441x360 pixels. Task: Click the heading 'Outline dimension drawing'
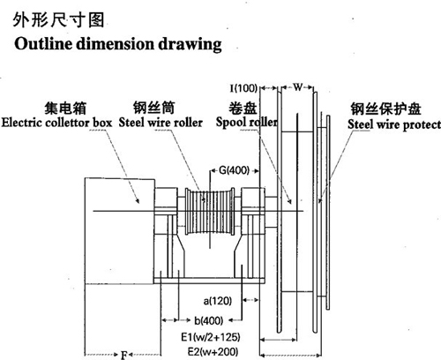tap(118, 44)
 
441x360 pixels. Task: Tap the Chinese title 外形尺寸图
tap(58, 20)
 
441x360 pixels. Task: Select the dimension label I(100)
tap(243, 88)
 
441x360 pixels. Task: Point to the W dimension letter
tap(297, 87)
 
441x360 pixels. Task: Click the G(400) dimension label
tap(234, 170)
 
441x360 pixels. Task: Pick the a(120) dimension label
tap(218, 301)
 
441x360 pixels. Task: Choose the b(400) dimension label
tap(208, 320)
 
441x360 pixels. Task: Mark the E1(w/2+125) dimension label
tap(211, 337)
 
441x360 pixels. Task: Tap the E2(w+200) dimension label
tap(213, 351)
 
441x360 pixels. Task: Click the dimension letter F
tap(124, 355)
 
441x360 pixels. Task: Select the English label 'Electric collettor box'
tap(56, 123)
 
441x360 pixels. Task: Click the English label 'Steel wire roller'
tap(161, 123)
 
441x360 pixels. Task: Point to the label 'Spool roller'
tap(247, 122)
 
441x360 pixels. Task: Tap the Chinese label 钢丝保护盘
tap(385, 109)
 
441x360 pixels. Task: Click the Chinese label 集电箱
tap(65, 108)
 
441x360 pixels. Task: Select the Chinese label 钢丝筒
tap(154, 108)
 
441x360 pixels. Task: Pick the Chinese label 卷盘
tap(243, 108)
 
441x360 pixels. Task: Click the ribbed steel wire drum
tap(210, 211)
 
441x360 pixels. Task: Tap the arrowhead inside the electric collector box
tap(137, 200)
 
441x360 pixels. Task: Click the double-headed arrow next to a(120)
tap(250, 300)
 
